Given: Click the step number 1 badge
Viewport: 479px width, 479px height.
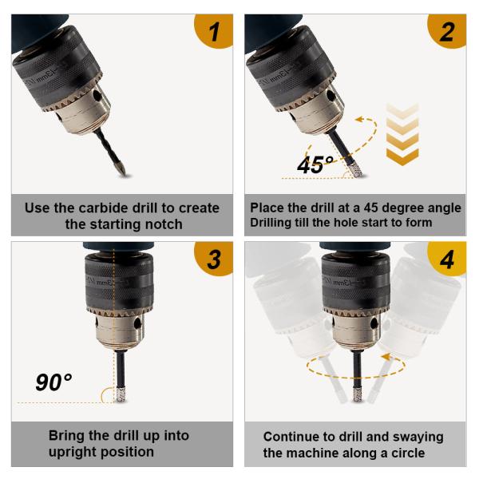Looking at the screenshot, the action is tap(215, 30).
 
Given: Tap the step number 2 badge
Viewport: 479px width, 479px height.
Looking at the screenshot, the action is tap(448, 30).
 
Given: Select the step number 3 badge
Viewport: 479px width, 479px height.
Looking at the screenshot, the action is tap(215, 259).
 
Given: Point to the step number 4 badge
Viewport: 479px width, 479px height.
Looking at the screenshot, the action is tap(448, 259).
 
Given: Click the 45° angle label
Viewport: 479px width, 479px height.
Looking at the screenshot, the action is tap(315, 165).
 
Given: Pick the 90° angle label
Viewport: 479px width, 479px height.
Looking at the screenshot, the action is tap(53, 382).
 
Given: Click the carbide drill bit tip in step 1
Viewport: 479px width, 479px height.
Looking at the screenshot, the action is tap(125, 173).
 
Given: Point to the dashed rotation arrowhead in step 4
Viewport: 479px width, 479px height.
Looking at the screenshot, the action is tap(386, 357).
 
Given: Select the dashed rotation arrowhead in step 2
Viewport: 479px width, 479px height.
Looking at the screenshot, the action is tap(361, 119).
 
